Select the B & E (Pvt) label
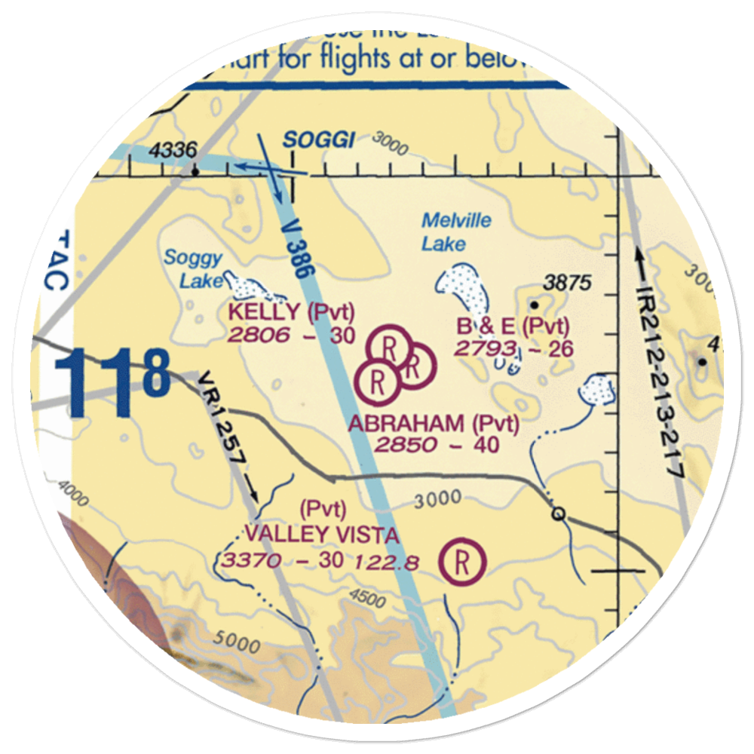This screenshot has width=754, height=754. coord(513,326)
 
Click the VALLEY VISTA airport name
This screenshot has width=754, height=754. coord(321,535)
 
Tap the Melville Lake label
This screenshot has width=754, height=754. coord(455,231)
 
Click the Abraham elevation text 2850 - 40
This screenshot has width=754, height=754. coord(437,445)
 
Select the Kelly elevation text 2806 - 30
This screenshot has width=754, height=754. coord(291,336)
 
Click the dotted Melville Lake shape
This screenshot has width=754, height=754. coord(462,287)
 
